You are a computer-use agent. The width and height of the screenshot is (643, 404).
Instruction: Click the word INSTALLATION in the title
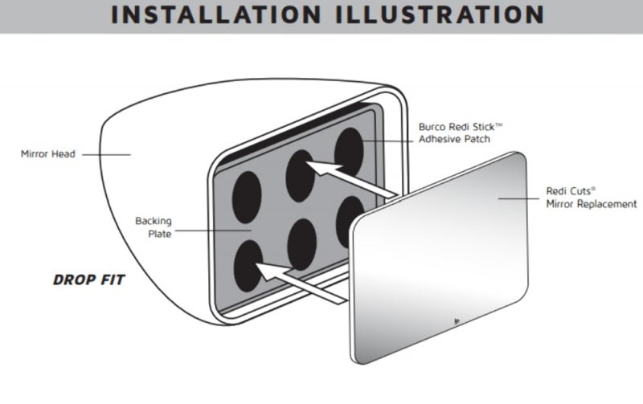[216, 14]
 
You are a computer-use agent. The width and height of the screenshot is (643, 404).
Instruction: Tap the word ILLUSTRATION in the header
[440, 14]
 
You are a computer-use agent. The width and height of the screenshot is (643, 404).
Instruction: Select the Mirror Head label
[48, 154]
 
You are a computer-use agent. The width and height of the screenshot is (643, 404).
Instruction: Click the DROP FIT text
[88, 280]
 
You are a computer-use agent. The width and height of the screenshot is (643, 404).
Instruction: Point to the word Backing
[154, 221]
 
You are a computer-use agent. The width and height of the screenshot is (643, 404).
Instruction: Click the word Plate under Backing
[159, 234]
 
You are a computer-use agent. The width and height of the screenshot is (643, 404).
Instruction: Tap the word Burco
[432, 127]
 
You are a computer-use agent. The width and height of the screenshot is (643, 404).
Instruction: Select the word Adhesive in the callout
[438, 139]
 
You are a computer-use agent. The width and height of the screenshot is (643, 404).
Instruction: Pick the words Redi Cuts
[571, 191]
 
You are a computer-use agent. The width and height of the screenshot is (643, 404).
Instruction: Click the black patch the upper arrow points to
[301, 175]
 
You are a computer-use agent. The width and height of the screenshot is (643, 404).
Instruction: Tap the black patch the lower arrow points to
[248, 266]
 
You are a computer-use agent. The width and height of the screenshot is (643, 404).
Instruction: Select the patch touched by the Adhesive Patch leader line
[349, 153]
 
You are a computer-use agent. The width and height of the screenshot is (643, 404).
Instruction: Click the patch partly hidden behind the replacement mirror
[347, 221]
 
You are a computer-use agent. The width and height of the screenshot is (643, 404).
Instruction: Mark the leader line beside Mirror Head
[106, 154]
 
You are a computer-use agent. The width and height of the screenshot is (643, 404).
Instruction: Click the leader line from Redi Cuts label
[518, 198]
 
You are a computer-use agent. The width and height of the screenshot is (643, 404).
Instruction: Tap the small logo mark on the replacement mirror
[457, 321]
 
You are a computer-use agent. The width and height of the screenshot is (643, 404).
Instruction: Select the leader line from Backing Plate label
[213, 231]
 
